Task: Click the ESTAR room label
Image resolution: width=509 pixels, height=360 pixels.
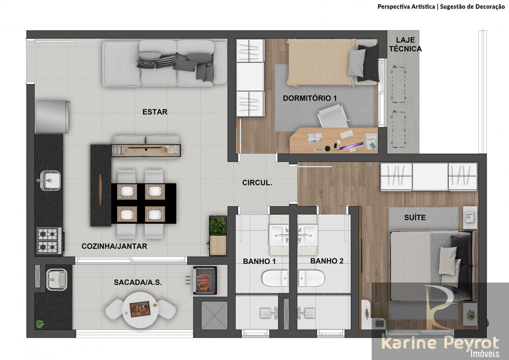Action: pyautogui.click(x=155, y=112)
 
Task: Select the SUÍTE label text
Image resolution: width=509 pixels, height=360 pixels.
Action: pyautogui.click(x=415, y=218)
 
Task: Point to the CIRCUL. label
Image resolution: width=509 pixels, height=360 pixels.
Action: pyautogui.click(x=257, y=182)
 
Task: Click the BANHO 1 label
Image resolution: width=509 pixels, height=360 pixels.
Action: pyautogui.click(x=259, y=261)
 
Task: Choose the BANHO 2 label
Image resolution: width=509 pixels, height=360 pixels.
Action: pyautogui.click(x=327, y=261)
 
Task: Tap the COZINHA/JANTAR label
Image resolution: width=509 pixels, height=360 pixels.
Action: pyautogui.click(x=115, y=246)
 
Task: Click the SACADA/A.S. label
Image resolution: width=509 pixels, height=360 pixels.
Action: pyautogui.click(x=138, y=282)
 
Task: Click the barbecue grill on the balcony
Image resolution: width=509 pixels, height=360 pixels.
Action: pyautogui.click(x=205, y=280)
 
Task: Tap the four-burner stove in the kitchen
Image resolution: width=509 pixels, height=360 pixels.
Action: pyautogui.click(x=49, y=240)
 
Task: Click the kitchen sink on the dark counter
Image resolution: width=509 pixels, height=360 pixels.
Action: pyautogui.click(x=49, y=180)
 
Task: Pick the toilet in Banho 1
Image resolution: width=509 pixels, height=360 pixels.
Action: pyautogui.click(x=275, y=279)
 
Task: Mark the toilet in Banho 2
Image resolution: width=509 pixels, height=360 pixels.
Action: pyautogui.click(x=312, y=279)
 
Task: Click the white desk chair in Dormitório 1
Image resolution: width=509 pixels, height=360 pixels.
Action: pyautogui.click(x=333, y=117)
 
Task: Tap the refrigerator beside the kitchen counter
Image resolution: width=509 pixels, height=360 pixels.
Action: pyautogui.click(x=52, y=117)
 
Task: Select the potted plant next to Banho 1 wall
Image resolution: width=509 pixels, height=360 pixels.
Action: pyautogui.click(x=218, y=227)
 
